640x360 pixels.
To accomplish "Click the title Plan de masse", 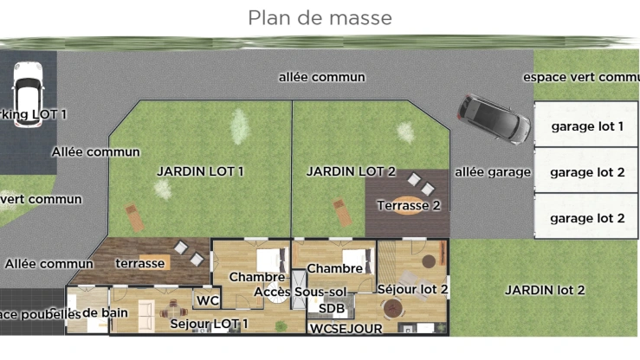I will [x=320, y=17].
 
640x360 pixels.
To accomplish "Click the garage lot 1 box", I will [x=586, y=126].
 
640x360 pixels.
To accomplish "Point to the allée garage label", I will [x=492, y=172].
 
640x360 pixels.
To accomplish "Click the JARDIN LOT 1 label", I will [x=200, y=171].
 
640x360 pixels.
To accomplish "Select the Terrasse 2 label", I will [x=409, y=205].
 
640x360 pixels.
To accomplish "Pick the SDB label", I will [x=332, y=308].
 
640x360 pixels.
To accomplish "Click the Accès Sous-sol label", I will [x=300, y=292].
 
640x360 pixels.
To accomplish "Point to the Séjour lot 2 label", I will [x=412, y=288].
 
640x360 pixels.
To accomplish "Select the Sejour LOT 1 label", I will [x=209, y=324].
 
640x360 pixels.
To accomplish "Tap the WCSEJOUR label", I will [x=346, y=329].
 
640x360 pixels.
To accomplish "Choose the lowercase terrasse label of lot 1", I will [x=139, y=263].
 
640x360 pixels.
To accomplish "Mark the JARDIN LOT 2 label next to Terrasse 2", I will [x=351, y=171].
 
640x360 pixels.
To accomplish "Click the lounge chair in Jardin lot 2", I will [x=341, y=212].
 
